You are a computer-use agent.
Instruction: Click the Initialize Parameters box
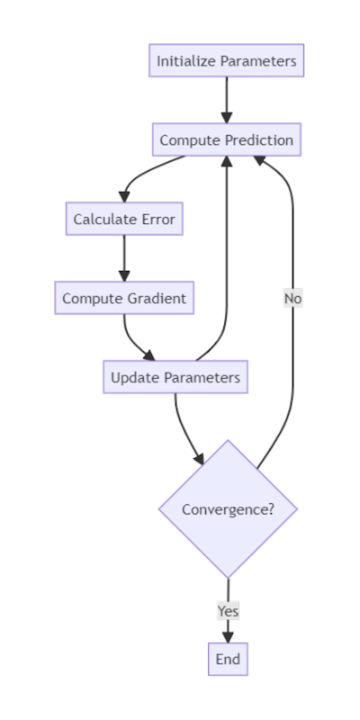(x=226, y=61)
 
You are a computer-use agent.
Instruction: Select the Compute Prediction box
(x=226, y=140)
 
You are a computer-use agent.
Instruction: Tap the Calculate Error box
(x=124, y=219)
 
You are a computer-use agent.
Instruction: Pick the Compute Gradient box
(x=124, y=298)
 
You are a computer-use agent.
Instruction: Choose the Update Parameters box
(x=175, y=377)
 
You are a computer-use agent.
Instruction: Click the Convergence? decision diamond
(x=228, y=509)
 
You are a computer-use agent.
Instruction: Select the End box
(x=228, y=659)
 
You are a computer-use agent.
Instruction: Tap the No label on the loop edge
(x=292, y=298)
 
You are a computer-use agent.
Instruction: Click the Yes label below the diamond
(x=228, y=610)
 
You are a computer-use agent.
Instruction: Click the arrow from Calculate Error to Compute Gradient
(x=124, y=258)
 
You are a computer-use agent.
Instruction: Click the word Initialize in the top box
(x=186, y=61)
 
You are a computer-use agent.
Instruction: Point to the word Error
(x=157, y=219)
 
